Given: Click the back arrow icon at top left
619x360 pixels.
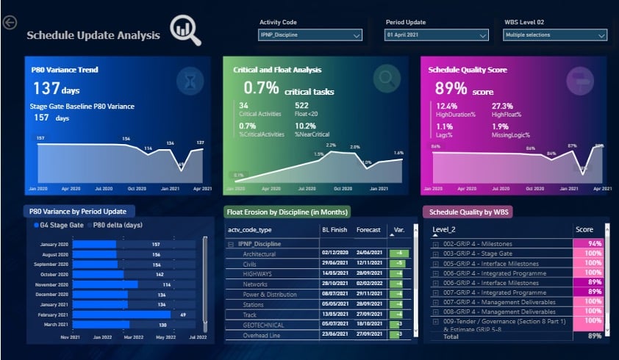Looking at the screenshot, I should click(10, 24).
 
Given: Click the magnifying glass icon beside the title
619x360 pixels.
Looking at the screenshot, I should click(185, 30).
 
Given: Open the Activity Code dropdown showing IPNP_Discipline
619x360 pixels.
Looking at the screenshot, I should click(310, 35).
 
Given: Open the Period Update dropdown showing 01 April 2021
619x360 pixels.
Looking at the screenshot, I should click(436, 35).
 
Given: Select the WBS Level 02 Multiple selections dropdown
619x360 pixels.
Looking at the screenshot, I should click(555, 35).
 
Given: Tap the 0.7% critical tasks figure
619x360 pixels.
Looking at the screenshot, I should click(262, 89).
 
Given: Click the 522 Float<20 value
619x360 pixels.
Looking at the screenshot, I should click(301, 106).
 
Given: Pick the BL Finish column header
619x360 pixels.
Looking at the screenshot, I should click(334, 230).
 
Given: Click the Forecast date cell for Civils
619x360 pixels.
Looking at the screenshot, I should click(369, 262).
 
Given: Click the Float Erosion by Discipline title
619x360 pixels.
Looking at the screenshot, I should click(287, 212).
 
